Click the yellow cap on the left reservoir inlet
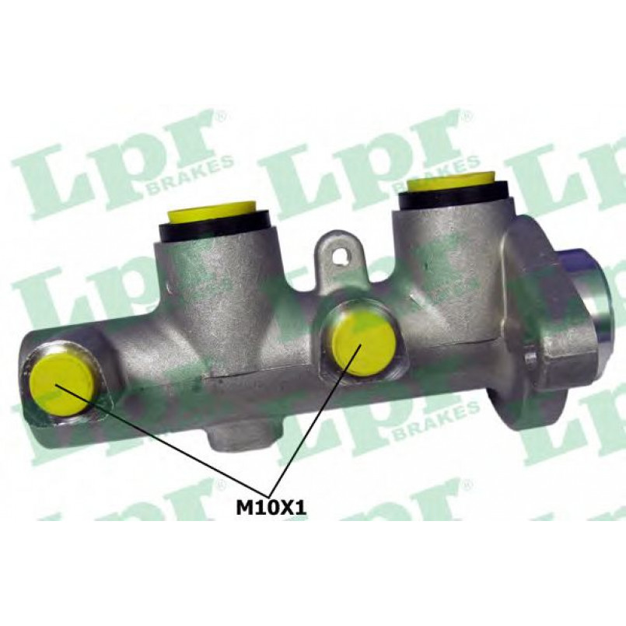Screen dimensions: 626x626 (x=214, y=212)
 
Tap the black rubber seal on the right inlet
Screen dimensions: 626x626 (x=455, y=199)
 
